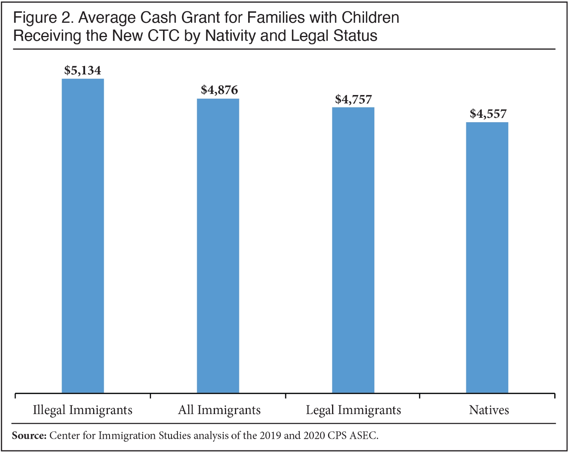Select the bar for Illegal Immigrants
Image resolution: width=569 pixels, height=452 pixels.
tap(83, 236)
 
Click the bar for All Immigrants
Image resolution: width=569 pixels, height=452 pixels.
tap(218, 246)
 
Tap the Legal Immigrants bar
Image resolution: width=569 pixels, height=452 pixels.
tap(353, 250)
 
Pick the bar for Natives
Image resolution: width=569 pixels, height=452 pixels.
tap(487, 258)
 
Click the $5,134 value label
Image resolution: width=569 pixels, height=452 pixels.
tap(83, 71)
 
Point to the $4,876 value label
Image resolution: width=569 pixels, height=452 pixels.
tap(219, 90)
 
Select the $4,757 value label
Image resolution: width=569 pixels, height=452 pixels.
tap(353, 99)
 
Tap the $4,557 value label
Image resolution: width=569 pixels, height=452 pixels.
tap(488, 114)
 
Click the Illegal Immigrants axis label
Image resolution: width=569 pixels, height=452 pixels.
tap(83, 410)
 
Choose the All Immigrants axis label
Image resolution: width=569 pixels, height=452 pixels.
tap(219, 410)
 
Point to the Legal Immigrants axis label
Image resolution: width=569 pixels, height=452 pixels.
tap(354, 410)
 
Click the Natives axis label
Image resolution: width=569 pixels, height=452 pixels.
tap(489, 410)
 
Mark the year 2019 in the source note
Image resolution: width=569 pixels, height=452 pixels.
tap(270, 435)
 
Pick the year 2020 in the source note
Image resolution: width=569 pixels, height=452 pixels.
tap(314, 435)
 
